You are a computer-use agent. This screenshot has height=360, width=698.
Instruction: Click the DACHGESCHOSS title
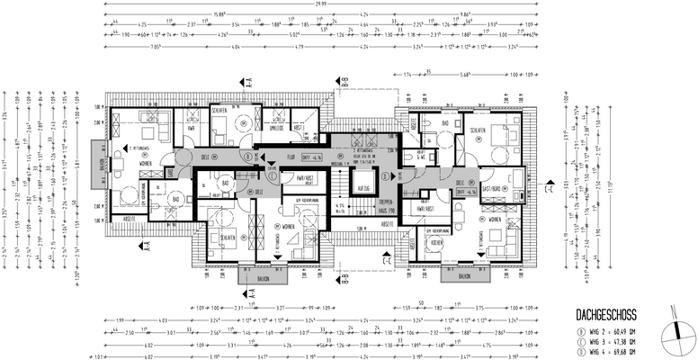606,314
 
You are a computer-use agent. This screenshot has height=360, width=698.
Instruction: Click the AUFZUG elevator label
363,188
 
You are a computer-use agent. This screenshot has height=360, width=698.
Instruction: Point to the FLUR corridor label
291,155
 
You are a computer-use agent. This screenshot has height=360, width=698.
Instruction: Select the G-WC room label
419,155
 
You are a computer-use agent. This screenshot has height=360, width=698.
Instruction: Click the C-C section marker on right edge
546,190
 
